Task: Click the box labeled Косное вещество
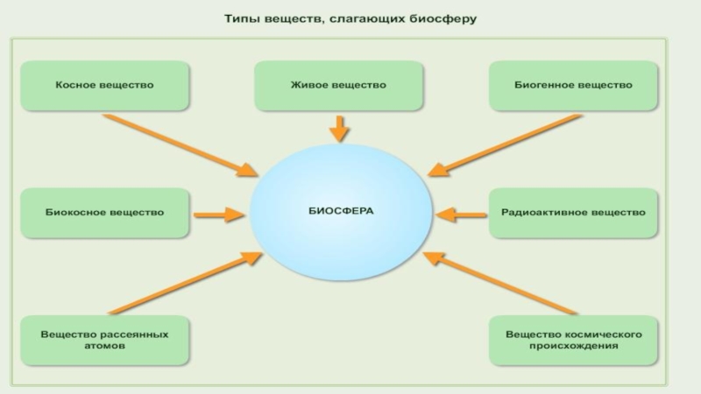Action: pos(104,86)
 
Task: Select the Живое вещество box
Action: pos(338,86)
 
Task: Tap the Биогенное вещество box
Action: pos(572,86)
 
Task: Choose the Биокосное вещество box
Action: pos(104,213)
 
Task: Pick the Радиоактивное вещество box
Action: pos(573,213)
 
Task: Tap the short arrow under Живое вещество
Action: pos(338,130)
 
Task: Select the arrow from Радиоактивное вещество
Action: pos(461,213)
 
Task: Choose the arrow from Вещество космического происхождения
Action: pos(499,282)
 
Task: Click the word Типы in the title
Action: pos(241,18)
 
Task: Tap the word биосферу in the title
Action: pos(444,18)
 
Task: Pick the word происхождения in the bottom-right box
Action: pos(574,346)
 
